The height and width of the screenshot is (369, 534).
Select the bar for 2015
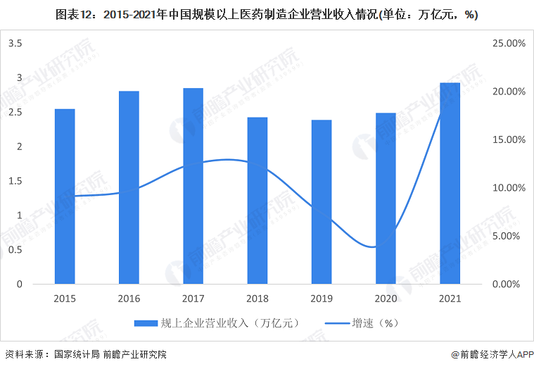(65, 196)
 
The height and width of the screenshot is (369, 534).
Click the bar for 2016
(129, 187)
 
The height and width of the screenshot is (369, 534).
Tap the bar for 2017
(193, 186)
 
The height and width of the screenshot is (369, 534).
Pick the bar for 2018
(258, 201)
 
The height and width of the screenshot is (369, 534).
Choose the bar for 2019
(322, 202)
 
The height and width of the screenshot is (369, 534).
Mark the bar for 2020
(386, 199)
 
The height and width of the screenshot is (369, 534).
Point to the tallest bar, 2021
(450, 183)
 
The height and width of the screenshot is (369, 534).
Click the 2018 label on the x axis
(258, 299)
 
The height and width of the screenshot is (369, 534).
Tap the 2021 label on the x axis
(450, 299)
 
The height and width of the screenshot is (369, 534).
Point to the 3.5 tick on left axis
(15, 44)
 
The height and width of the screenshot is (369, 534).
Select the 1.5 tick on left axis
(15, 181)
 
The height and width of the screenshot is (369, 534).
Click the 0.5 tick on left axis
(15, 250)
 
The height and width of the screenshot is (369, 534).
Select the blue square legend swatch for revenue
(146, 323)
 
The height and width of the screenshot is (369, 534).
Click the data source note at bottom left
(84, 354)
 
